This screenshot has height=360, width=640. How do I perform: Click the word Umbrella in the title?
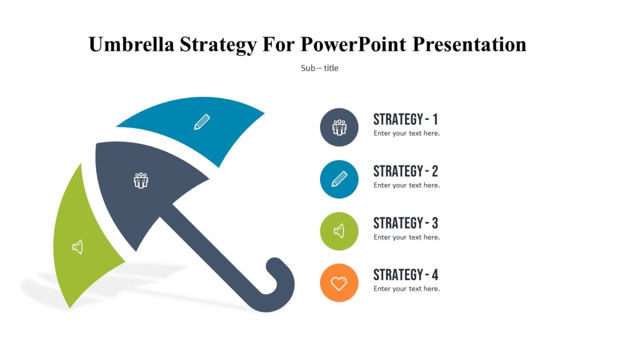pos(131,44)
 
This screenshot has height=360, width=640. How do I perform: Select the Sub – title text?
pos(319,68)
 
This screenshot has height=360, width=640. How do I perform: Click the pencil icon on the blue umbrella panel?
pos(202,122)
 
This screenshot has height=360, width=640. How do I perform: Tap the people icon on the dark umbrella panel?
pos(141,180)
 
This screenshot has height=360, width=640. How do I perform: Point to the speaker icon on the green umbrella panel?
pos(78,247)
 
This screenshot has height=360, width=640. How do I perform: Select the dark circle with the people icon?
pos(339,127)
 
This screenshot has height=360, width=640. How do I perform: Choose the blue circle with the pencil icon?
pos(339,179)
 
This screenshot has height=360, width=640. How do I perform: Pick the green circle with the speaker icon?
pos(339,231)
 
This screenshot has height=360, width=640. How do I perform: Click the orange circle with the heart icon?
pos(339,283)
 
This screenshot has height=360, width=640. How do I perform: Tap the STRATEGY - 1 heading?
pos(405,119)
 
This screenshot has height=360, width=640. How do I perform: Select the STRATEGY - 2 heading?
pos(405,171)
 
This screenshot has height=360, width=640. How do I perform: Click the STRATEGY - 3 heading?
pos(405,223)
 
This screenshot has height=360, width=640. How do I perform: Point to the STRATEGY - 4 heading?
pos(405,275)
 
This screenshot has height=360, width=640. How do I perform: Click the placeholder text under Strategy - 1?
pos(406,133)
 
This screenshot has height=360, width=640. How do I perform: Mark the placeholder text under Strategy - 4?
pos(406,289)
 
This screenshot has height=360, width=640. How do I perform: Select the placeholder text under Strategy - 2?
pos(406,185)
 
